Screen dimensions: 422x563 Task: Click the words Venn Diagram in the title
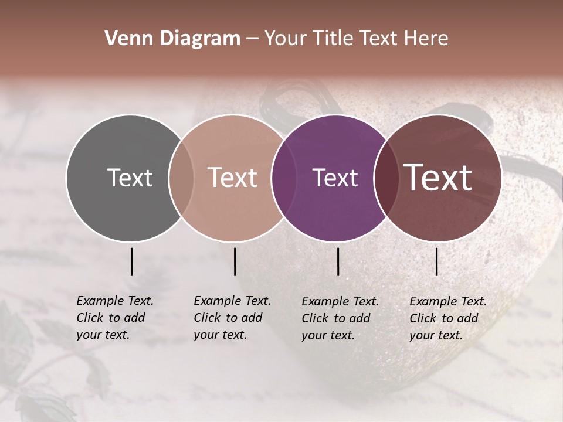pyautogui.click(x=172, y=39)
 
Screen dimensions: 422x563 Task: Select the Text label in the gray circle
pyautogui.click(x=130, y=178)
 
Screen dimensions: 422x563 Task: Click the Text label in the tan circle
pyautogui.click(x=233, y=178)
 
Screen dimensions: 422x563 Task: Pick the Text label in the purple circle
pyautogui.click(x=335, y=178)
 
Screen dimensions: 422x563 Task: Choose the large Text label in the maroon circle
pyautogui.click(x=438, y=178)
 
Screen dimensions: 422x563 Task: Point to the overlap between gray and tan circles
pyautogui.click(x=181, y=178)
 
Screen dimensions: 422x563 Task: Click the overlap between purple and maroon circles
pyautogui.click(x=384, y=178)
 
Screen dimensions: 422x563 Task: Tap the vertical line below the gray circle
pyautogui.click(x=131, y=261)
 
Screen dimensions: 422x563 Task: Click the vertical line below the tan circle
pyautogui.click(x=235, y=261)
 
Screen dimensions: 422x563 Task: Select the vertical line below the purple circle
pyautogui.click(x=338, y=261)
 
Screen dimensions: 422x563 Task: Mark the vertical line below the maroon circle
pyautogui.click(x=436, y=261)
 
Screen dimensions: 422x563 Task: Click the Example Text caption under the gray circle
pyautogui.click(x=114, y=318)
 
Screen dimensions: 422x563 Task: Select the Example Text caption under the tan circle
pyautogui.click(x=232, y=318)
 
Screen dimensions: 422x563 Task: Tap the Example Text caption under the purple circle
pyautogui.click(x=340, y=318)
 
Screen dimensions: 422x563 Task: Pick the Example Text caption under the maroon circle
pyautogui.click(x=447, y=318)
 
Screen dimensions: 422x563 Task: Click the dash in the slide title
pyautogui.click(x=252, y=39)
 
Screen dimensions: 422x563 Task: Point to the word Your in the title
pyautogui.click(x=285, y=39)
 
